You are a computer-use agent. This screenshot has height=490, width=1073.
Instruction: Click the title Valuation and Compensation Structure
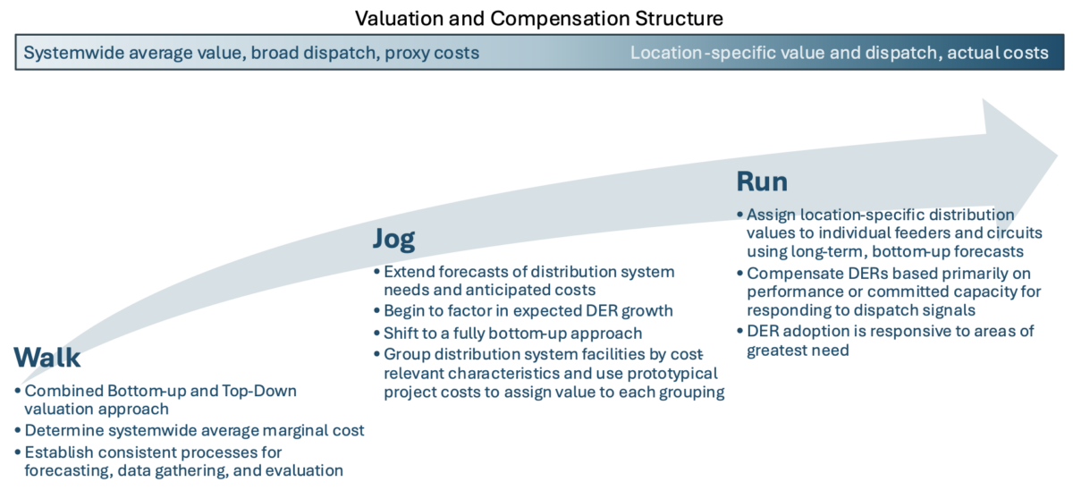[539, 19]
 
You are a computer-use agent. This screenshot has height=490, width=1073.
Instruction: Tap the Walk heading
[46, 358]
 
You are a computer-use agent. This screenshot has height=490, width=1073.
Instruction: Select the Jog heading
[393, 239]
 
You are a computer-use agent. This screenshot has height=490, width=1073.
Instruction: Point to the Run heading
[762, 182]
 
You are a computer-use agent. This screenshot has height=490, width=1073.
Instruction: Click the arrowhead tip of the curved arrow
[1057, 155]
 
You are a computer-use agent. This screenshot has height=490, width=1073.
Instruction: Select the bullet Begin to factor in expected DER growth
[528, 311]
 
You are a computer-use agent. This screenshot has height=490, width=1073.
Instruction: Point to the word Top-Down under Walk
[259, 391]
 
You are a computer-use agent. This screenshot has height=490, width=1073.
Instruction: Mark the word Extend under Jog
[409, 272]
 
